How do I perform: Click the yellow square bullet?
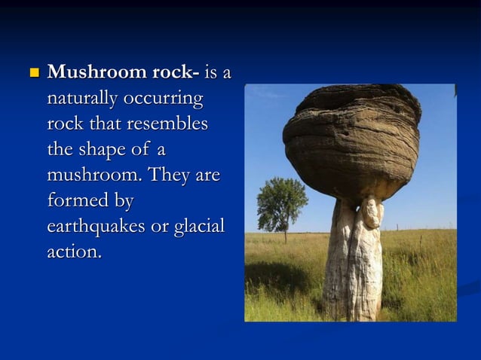point(32,74)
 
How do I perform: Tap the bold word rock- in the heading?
point(166,73)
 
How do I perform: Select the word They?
point(170,175)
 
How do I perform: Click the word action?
point(74,252)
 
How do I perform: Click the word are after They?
point(207,175)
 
